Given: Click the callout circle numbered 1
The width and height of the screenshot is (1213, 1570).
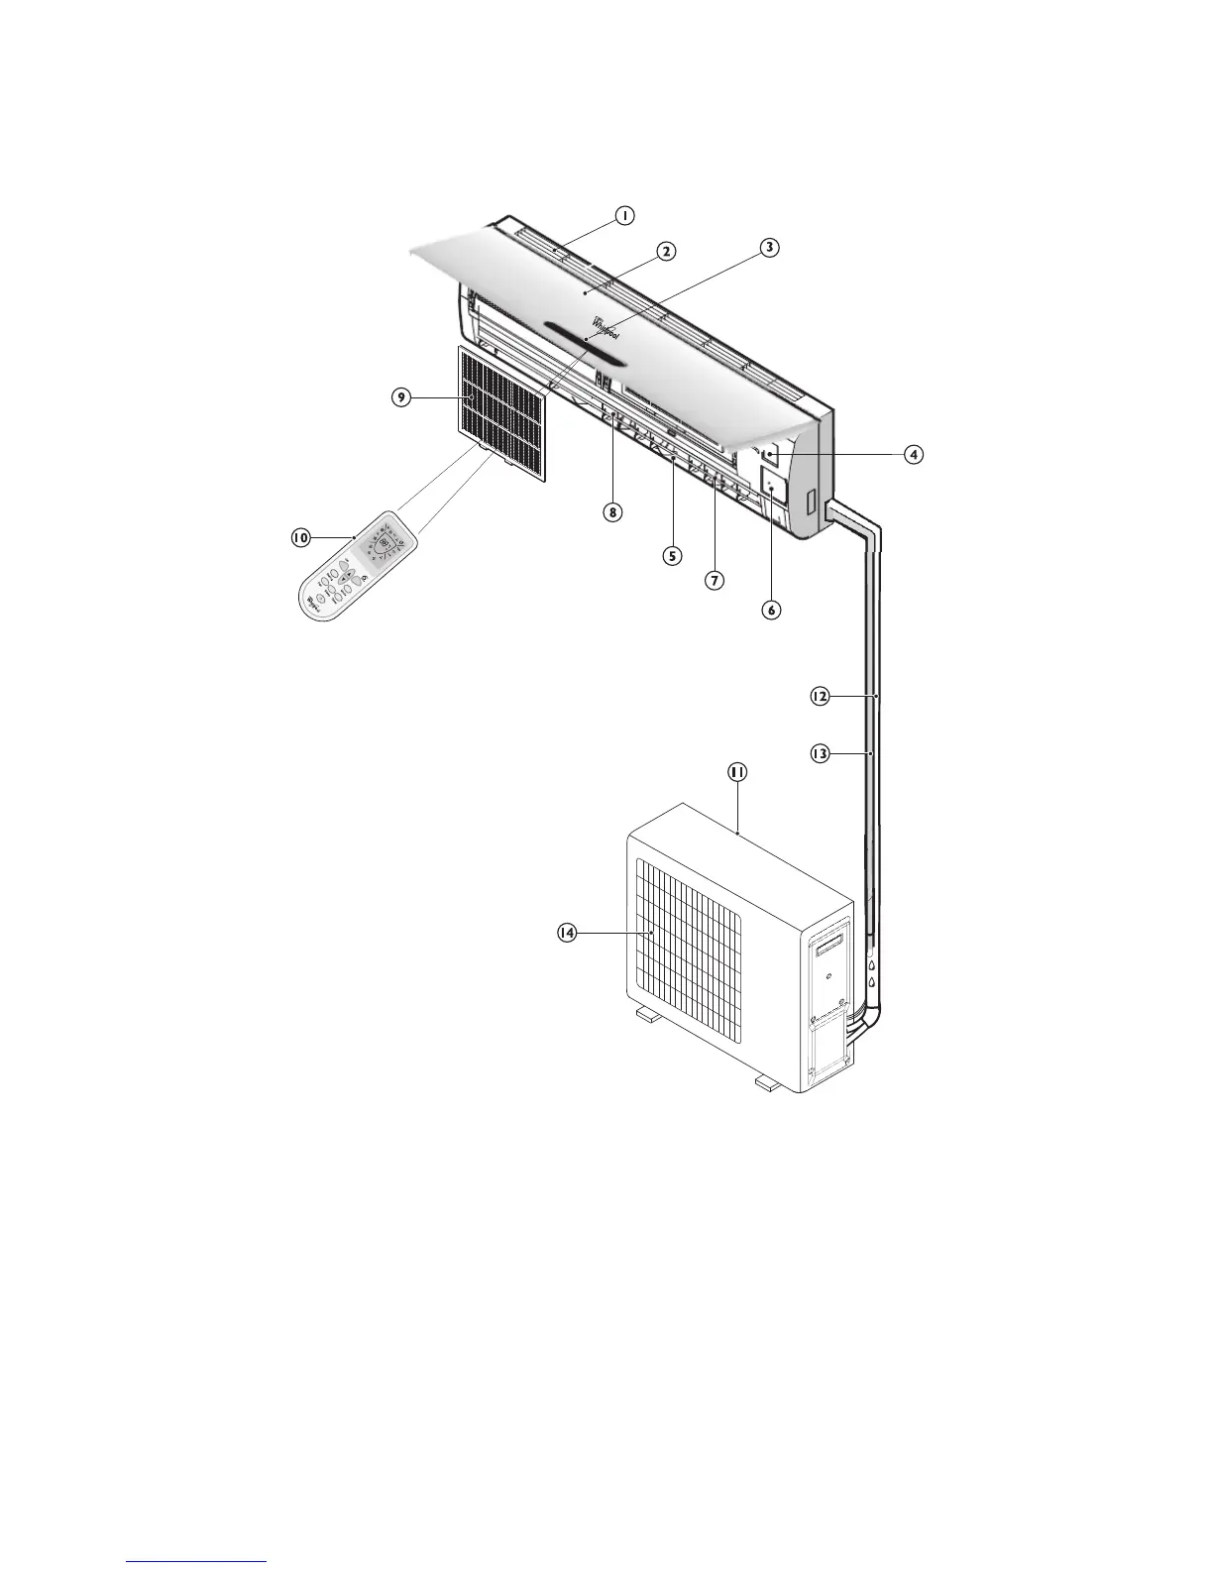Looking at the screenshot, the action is tap(623, 214).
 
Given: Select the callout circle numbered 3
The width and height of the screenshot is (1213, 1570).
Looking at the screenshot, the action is tap(768, 247).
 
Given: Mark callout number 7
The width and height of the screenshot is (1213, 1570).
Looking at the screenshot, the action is tap(714, 579).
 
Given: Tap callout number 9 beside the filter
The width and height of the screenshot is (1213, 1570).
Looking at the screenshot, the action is tap(401, 397).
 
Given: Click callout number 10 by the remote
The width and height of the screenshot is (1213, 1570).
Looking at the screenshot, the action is tap(299, 537).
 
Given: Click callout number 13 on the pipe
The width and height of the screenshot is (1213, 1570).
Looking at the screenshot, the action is tap(820, 754).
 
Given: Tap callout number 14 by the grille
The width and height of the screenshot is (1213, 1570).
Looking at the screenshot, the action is tap(566, 933).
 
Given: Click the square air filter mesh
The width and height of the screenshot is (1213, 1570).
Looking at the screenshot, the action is tap(503, 410).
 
